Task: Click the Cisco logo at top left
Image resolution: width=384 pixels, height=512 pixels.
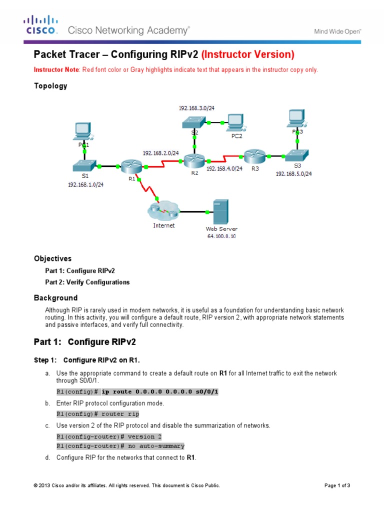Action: [41, 25]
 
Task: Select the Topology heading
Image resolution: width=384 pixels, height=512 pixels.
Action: [50, 85]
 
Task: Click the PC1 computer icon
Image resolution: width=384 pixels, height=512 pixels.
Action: [82, 131]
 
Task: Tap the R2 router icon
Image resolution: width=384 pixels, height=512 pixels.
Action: [193, 160]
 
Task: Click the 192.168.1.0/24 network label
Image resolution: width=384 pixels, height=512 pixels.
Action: [85, 184]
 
